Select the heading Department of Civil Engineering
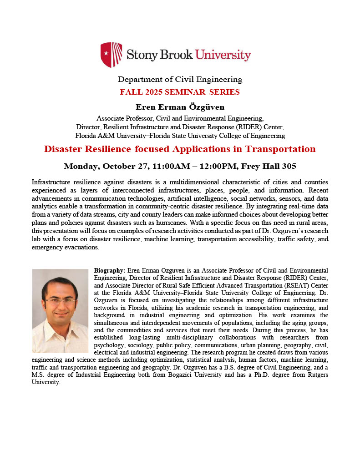(180, 80)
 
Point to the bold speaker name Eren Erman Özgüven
(180, 107)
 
